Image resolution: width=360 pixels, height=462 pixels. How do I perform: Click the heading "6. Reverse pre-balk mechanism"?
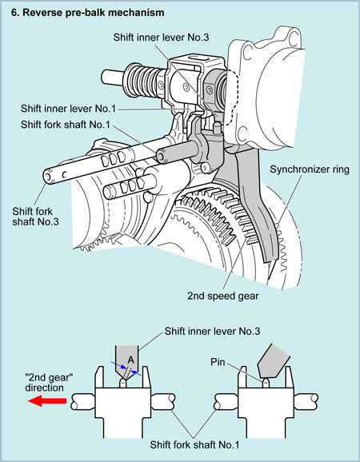87,13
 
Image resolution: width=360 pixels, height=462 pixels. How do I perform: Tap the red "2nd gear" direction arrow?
47,401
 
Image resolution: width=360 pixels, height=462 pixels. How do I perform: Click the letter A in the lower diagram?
131,360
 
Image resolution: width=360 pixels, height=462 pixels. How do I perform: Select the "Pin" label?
218,362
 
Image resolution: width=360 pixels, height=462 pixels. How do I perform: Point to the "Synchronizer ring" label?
310,169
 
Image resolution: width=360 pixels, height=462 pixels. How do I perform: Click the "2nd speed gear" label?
223,296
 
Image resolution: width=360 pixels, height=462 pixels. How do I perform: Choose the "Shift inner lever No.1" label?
69,109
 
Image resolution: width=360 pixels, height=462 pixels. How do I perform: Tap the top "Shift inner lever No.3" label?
162,38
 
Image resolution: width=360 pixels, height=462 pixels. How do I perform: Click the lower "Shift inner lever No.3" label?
212,331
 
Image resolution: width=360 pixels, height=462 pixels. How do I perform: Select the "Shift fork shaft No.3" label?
35,217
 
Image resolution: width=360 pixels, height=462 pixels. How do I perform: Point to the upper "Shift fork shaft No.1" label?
65,125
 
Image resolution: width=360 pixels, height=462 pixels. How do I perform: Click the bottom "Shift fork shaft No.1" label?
194,444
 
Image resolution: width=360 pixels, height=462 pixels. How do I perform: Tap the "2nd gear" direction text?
49,382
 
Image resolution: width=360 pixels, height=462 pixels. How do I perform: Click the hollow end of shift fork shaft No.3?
48,177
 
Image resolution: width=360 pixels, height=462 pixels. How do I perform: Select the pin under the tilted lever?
266,383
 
